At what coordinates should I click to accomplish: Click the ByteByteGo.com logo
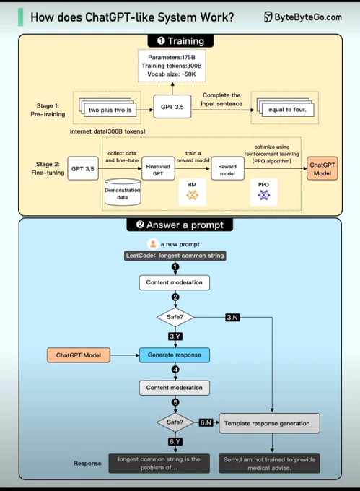click(303, 17)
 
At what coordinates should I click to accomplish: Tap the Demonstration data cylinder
click(123, 192)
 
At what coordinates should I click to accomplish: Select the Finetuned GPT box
click(158, 168)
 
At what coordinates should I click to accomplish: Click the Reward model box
click(227, 168)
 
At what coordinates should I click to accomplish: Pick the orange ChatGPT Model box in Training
click(322, 168)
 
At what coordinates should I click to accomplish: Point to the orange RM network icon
click(193, 195)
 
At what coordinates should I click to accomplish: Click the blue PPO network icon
click(263, 195)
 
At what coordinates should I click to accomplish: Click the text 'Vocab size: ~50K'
click(172, 74)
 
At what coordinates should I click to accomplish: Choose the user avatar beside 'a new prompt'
click(153, 244)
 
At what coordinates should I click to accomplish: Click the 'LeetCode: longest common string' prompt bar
click(175, 256)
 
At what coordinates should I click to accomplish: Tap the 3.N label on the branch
click(232, 318)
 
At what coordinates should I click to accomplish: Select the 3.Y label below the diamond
click(175, 336)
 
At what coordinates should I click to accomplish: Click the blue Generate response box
click(175, 355)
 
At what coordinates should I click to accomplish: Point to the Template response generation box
click(269, 423)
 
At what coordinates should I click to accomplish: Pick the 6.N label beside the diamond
click(206, 422)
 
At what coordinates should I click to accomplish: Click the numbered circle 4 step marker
click(175, 370)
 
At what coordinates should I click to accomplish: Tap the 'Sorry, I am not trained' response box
click(269, 464)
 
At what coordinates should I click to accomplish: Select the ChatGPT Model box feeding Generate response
click(79, 355)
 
